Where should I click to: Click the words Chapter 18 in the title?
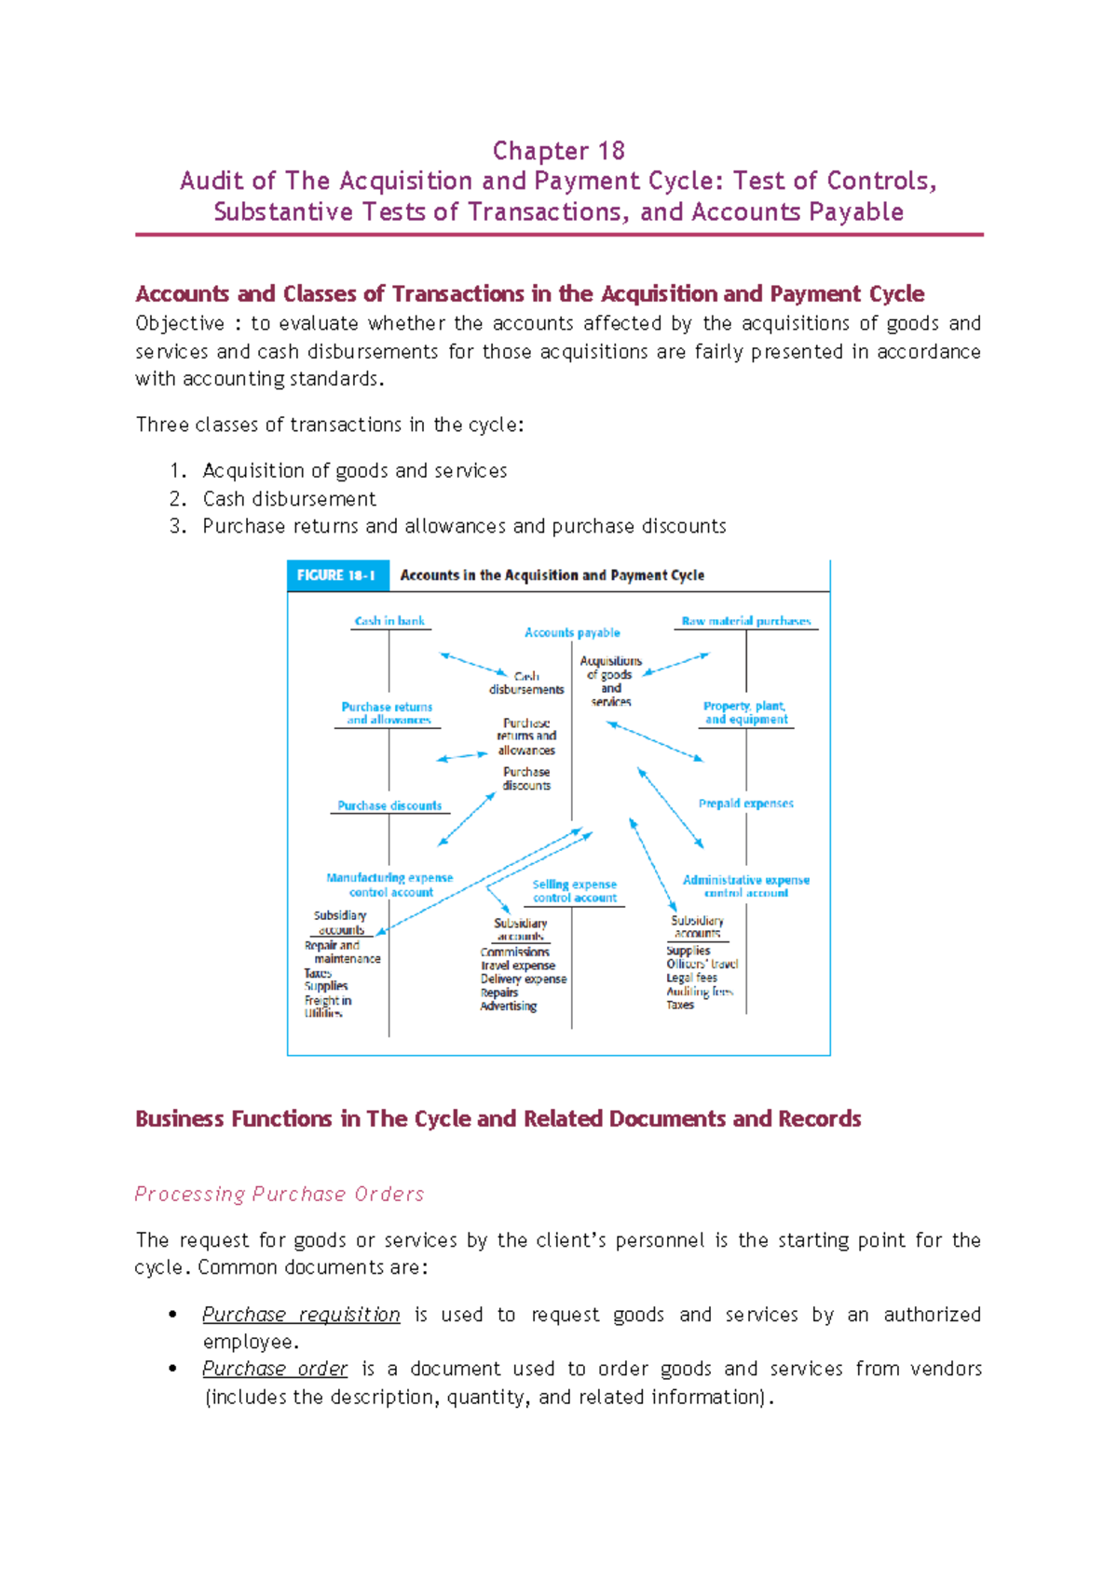click(558, 151)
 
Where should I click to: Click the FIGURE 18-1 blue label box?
click(336, 575)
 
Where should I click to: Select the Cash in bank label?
click(389, 621)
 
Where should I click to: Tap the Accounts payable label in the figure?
click(572, 633)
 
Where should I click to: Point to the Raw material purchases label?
click(746, 621)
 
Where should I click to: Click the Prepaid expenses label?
click(746, 804)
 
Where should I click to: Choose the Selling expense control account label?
click(574, 891)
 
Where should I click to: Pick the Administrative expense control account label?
click(746, 885)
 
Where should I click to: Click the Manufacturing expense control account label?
click(389, 885)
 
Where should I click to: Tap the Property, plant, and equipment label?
click(745, 713)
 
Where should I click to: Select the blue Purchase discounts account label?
click(389, 806)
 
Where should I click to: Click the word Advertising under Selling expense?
click(509, 1007)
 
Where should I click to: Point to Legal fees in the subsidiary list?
click(691, 979)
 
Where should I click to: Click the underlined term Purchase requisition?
click(301, 1315)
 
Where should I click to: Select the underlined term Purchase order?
click(275, 1369)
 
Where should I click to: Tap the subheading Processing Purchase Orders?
click(279, 1195)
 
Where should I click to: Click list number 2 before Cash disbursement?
click(178, 499)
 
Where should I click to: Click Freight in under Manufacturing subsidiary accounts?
click(328, 1001)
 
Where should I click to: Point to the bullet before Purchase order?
click(172, 1369)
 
